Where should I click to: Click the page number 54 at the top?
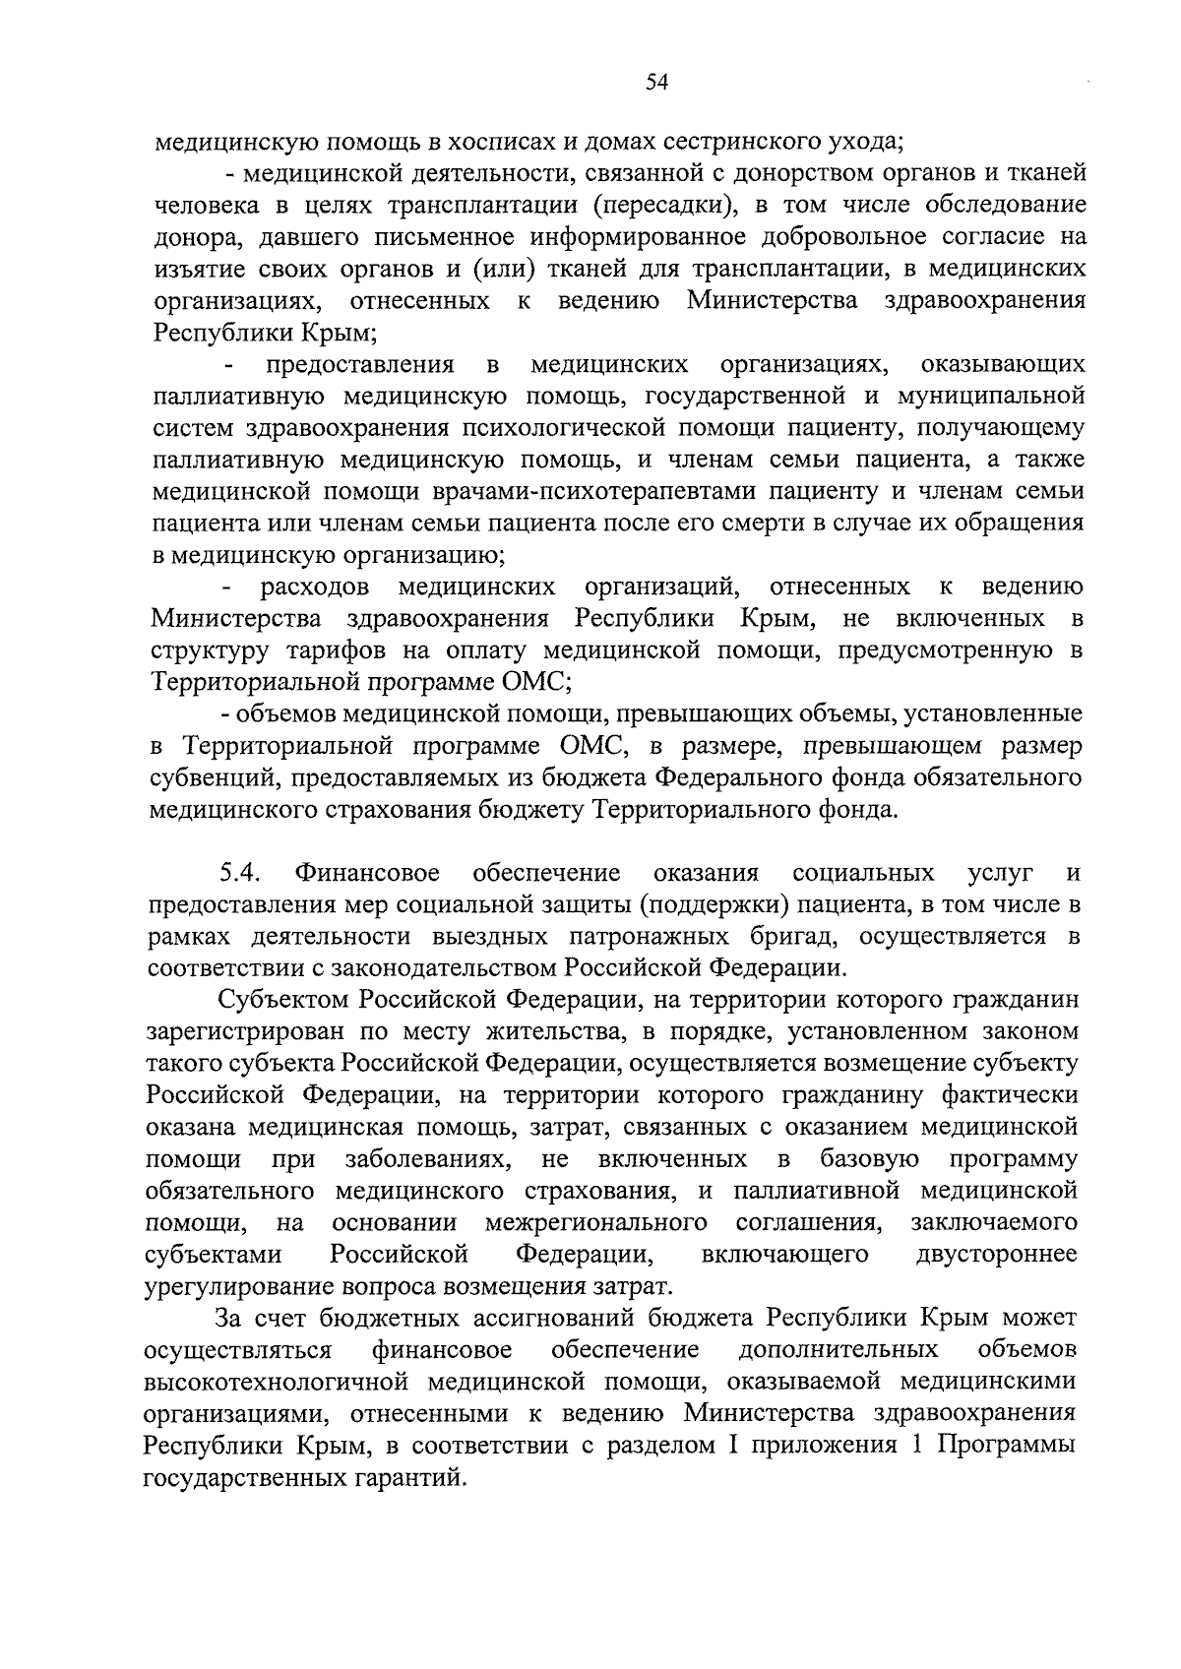tap(656, 84)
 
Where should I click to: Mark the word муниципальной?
tap(991, 397)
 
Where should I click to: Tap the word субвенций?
tap(205, 778)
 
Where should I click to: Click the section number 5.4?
tap(239, 873)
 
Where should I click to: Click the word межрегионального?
tap(596, 1223)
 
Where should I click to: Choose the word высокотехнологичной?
tap(280, 1383)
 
